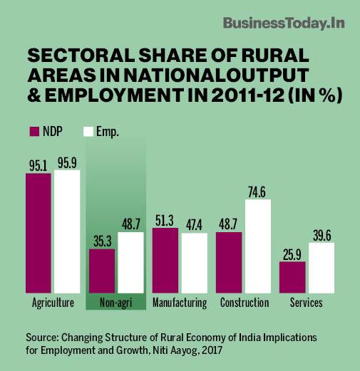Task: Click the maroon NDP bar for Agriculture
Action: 38,232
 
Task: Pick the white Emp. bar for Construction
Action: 257,246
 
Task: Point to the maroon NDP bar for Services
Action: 292,276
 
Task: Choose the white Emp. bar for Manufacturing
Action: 194,262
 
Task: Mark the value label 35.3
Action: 101,241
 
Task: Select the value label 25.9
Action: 292,254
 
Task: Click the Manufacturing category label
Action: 180,303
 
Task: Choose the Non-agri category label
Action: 115,303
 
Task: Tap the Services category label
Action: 307,303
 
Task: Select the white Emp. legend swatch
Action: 89,132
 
